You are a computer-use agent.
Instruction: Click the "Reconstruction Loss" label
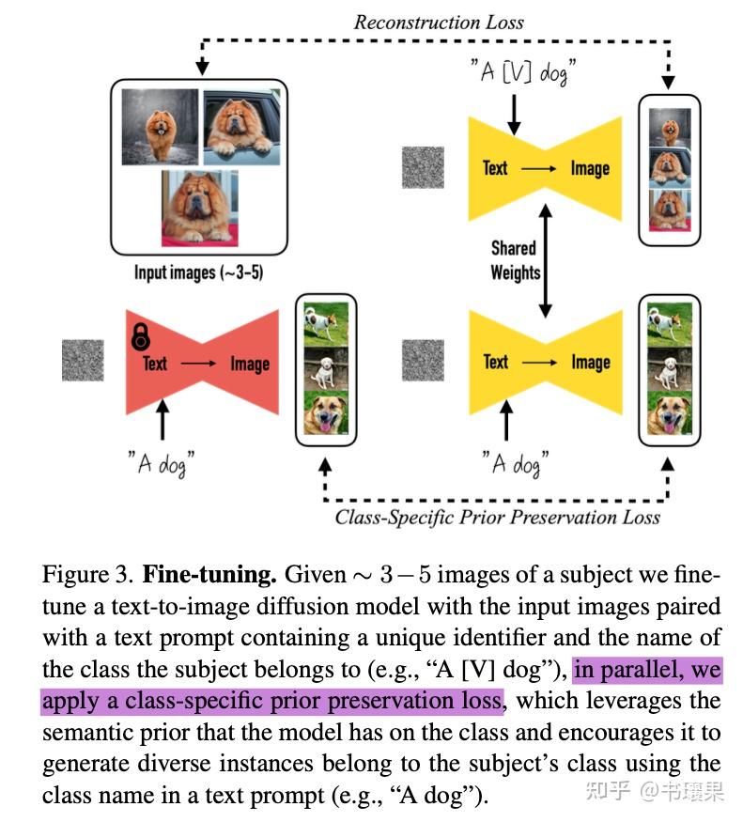[x=439, y=22]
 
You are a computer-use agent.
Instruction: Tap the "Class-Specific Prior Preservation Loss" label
[x=498, y=516]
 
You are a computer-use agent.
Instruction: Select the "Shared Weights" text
[x=515, y=260]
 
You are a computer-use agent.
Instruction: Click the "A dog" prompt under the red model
[x=163, y=463]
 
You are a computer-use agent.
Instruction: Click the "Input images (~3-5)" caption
[x=197, y=273]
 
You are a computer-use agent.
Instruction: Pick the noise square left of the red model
[x=83, y=361]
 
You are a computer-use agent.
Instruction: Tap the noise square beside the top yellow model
[x=422, y=167]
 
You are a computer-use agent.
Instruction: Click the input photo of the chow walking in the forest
[x=159, y=127]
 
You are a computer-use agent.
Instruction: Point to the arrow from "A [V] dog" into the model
[x=513, y=113]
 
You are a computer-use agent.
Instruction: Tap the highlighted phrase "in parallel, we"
[x=647, y=669]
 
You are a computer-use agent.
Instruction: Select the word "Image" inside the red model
[x=250, y=364]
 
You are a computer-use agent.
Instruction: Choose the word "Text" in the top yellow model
[x=495, y=168]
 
